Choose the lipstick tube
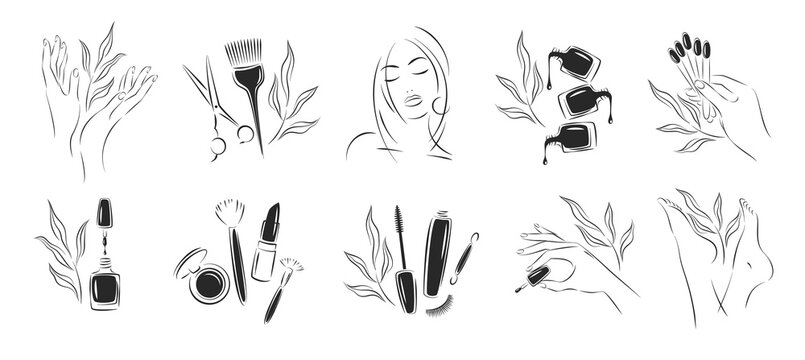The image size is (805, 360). click(x=266, y=248)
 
